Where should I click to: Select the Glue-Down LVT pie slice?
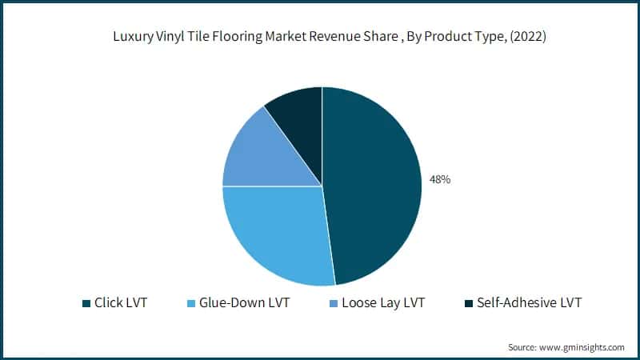[276, 232]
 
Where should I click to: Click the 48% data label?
[440, 180]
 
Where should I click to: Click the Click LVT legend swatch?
[86, 303]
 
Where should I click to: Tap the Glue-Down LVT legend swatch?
[190, 303]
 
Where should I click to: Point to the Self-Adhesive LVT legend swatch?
[468, 303]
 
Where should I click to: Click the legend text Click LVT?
[121, 303]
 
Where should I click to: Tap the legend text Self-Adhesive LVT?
[527, 303]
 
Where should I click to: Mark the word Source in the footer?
[522, 347]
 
